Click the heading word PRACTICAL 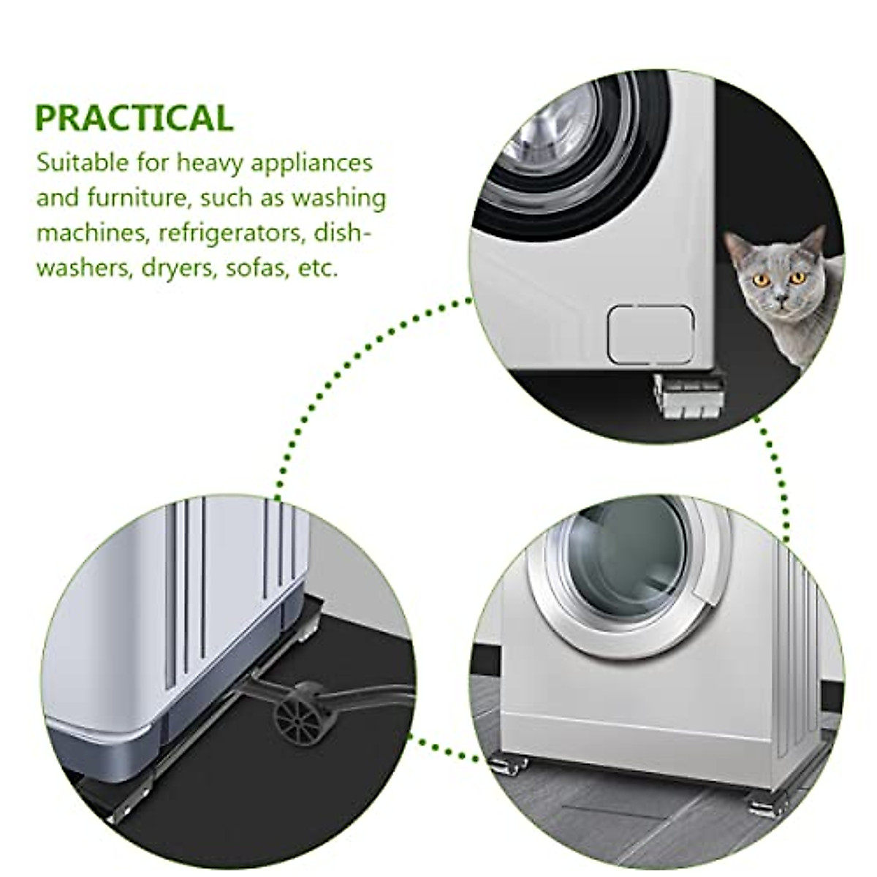click(x=134, y=118)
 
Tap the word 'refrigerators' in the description click(x=230, y=232)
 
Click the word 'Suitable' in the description click(x=83, y=162)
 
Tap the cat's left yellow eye click(x=760, y=279)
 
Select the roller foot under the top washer click(x=688, y=398)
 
